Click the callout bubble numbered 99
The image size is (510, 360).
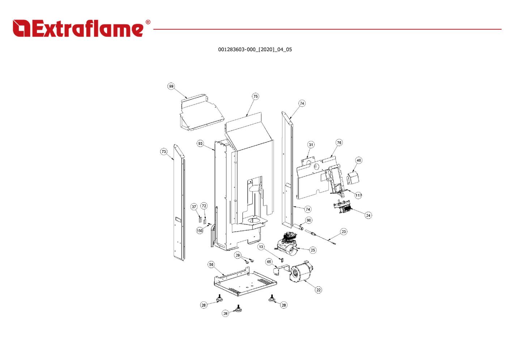point(171,86)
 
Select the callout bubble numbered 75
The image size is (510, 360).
point(255,96)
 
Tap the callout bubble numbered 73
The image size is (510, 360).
point(164,151)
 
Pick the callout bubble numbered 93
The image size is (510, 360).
point(200,143)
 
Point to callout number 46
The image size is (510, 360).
point(358,160)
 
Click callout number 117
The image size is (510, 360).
point(358,195)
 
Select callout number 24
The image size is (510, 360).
point(368,215)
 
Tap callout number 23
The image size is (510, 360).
point(344,232)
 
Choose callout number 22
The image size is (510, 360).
point(319,290)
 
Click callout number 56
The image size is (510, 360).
point(211,265)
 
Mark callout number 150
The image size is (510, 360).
point(200,231)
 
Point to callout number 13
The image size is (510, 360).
point(261,247)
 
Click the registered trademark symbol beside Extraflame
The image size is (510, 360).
point(148,22)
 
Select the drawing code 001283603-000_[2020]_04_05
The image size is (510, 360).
point(255,50)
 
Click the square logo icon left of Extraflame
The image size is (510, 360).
point(21,28)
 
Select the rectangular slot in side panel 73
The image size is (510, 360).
point(178,220)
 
